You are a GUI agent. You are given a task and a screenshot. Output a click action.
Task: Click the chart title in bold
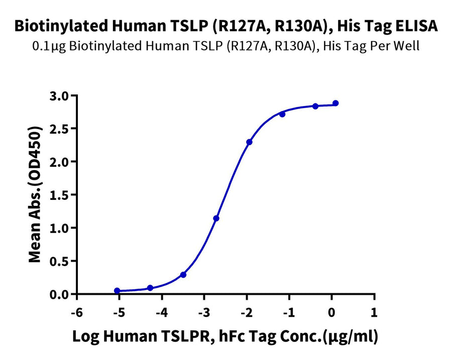click(226, 26)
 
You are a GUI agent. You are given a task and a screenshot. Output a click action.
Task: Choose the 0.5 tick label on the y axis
click(60, 261)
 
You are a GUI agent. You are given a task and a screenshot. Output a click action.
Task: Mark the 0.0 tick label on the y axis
click(60, 294)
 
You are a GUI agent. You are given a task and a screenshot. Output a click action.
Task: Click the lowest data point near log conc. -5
click(117, 291)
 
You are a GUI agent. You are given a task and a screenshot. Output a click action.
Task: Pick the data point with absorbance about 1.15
click(216, 218)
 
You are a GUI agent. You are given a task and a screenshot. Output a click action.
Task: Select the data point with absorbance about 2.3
click(249, 142)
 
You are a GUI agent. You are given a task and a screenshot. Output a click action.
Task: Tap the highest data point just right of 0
click(335, 103)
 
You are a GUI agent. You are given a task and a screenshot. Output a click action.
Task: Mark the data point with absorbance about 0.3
click(183, 275)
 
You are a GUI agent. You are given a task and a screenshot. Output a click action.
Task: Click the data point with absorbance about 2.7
click(282, 114)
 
